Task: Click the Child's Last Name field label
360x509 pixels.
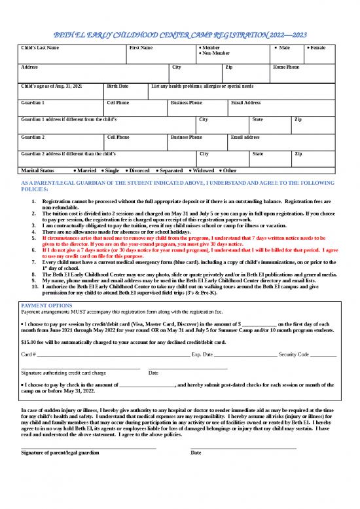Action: pos(40,48)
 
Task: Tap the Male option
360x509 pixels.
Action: pos(282,48)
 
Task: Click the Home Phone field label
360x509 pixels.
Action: pos(286,67)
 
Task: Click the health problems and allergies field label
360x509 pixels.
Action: pos(202,86)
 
